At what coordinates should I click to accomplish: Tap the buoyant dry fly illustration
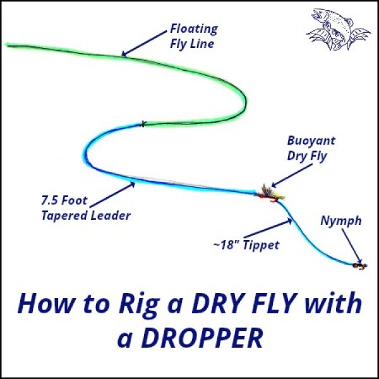[268, 193]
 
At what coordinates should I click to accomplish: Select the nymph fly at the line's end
[359, 265]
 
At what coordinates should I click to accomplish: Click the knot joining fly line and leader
[144, 123]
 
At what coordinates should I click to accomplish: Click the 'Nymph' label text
[340, 221]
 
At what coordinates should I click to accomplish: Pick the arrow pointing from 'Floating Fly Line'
[144, 47]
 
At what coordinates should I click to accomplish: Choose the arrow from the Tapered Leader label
[117, 192]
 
